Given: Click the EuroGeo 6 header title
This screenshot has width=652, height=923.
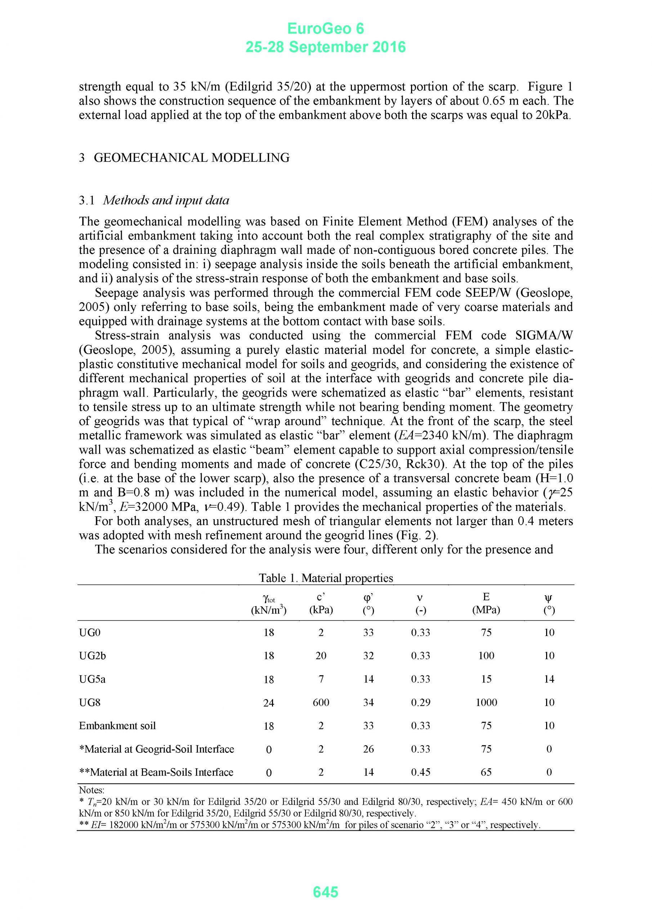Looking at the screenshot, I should coord(325,29).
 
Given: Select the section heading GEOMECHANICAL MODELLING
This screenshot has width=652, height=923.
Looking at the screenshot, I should coord(192,158).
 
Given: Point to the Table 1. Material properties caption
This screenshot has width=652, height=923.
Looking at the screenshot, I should coord(326,578).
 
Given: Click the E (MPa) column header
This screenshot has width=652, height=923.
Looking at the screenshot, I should coord(486,604).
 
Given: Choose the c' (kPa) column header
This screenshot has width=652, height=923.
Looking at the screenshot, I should coord(321,604).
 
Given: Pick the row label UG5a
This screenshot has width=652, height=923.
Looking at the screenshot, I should coord(93,679).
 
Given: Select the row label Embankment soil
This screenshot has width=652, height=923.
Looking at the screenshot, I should coord(117,726).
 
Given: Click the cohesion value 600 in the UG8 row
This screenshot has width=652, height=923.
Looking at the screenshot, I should coord(321,702).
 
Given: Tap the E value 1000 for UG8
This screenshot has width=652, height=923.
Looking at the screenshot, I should coord(486,702).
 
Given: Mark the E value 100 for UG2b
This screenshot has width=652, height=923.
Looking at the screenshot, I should coord(486,656).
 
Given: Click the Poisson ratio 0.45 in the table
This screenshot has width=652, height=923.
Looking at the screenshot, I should coord(421,772).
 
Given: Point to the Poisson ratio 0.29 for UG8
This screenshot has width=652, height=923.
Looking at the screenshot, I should coord(421,702).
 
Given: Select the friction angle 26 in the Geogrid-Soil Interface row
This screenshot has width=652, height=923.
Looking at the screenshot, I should coord(369,749).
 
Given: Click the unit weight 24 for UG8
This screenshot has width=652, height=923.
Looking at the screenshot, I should coord(269,703).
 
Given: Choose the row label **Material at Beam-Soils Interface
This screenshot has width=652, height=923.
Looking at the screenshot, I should coord(156,772).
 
